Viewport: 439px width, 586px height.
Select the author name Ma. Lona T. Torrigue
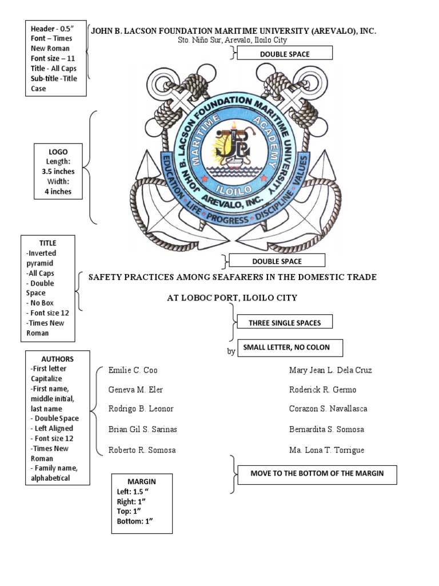coord(326,450)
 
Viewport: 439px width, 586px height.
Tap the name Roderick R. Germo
coord(322,390)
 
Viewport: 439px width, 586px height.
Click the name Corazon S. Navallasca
coord(328,409)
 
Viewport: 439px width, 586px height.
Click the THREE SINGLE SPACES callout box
coord(284,323)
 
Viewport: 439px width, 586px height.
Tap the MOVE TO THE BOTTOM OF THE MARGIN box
coord(317,473)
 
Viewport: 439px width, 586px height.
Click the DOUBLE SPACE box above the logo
coord(285,54)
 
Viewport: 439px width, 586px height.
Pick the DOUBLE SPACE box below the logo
coord(277,261)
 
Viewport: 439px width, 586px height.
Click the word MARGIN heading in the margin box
coord(142,481)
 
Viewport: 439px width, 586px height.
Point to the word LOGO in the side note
coord(58,152)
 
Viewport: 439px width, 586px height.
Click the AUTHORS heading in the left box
coord(57,359)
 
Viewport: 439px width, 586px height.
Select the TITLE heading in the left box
coord(47,243)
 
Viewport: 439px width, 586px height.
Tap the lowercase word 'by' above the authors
coord(231,352)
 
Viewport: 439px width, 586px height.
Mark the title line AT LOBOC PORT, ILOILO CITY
coord(232,298)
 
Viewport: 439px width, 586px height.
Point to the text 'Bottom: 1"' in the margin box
coord(135,521)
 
